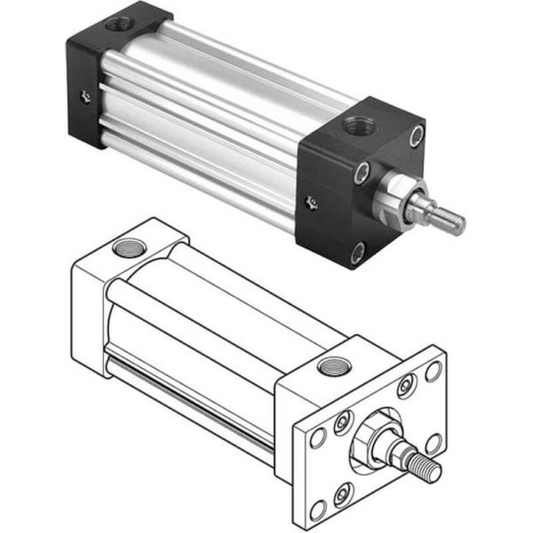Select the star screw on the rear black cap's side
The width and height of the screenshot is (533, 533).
83,96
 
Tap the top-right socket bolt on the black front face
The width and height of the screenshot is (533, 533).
417,134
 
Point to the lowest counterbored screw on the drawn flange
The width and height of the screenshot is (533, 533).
343,491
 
